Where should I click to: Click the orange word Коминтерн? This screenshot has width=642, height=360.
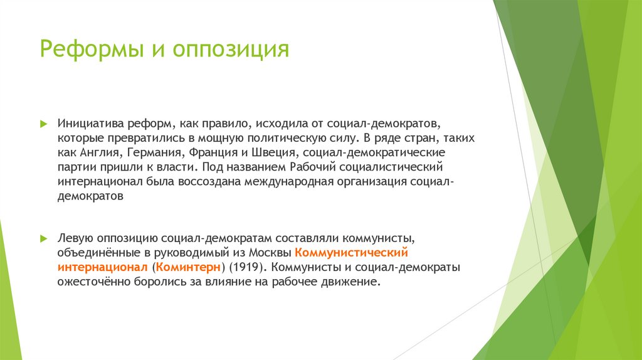tap(189, 268)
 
